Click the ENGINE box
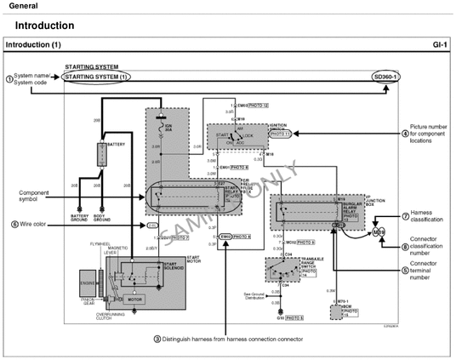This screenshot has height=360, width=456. [88, 284]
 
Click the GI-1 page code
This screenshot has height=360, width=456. [439, 43]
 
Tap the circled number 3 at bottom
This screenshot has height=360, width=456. [157, 338]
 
